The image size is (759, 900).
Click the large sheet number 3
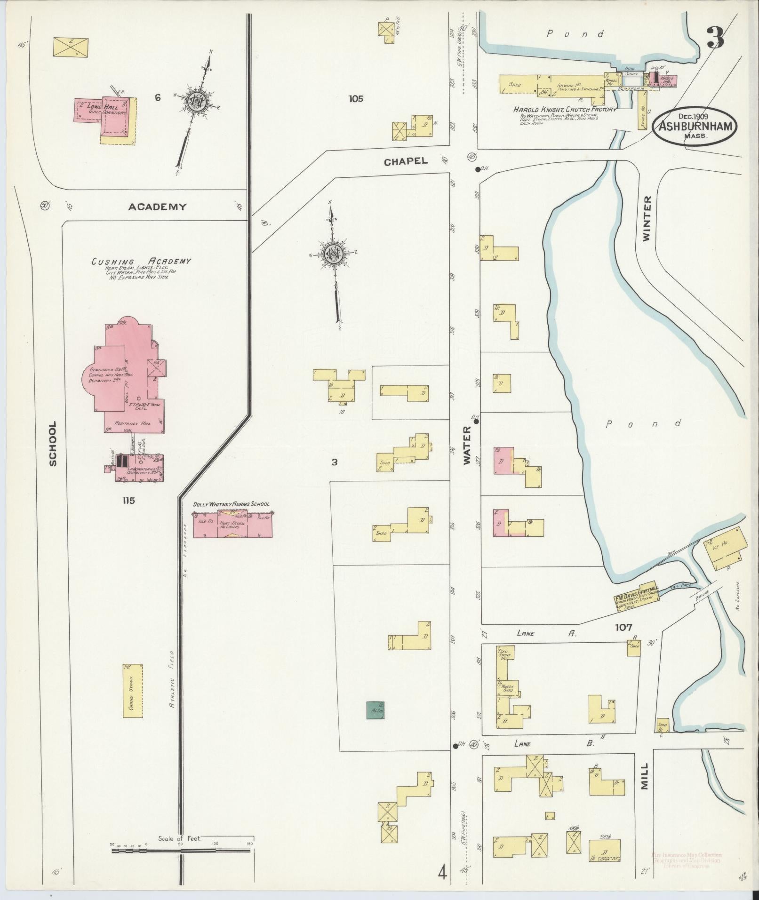click(715, 37)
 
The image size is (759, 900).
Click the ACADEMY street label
click(157, 207)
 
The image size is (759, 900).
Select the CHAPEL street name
click(406, 161)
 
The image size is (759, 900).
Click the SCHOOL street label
click(53, 443)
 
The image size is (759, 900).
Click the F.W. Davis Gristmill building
click(637, 600)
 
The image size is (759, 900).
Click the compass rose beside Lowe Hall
click(194, 101)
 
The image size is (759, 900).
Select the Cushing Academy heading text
click(141, 261)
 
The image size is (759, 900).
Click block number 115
click(128, 501)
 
